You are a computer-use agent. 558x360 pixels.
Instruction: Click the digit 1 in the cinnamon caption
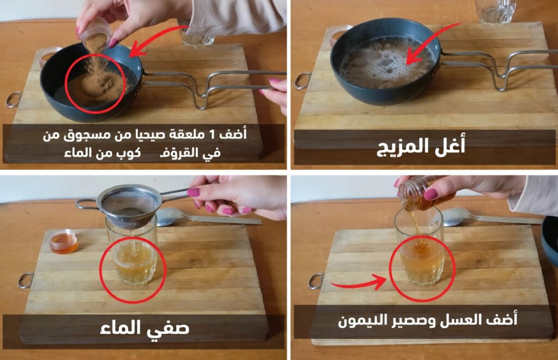(211, 135)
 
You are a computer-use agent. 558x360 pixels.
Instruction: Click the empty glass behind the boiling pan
(495, 11)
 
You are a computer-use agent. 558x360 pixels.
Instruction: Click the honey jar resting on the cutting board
(63, 241)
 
